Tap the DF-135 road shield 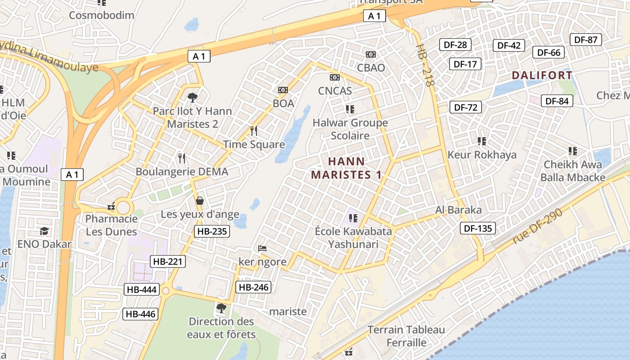coord(478,228)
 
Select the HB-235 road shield coord(212,231)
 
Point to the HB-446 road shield coord(141,314)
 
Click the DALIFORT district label coord(542,75)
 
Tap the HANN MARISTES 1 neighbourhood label coord(346,168)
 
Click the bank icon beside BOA coord(283,90)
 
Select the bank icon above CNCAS coord(334,77)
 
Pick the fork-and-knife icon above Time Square coord(254,131)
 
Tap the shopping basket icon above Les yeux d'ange coord(199,201)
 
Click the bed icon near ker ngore coord(262,248)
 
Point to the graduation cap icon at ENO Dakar coord(44,231)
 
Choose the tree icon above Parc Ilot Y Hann coord(192,97)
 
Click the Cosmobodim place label coord(101,15)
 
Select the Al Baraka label coord(458,210)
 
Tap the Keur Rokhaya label coord(482,155)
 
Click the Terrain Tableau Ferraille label coord(406,336)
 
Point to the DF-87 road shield coord(585,40)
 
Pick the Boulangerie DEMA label coord(182,171)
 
